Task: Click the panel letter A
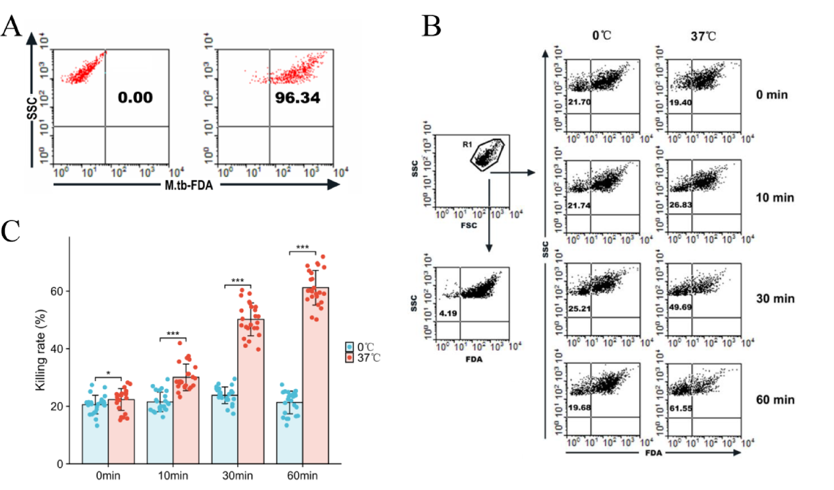pos(11,26)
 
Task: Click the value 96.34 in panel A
pos(297,98)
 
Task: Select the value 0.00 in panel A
pos(135,97)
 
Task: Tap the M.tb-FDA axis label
pos(189,185)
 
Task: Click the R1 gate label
pos(467,145)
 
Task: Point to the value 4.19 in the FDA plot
pos(448,313)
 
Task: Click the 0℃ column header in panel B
pos(601,36)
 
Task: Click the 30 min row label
pos(775,299)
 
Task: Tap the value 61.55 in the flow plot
pos(680,408)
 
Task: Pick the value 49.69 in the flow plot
pos(680,307)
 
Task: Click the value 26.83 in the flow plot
pos(680,205)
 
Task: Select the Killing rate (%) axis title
pos(41,350)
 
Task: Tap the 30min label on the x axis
pos(238,476)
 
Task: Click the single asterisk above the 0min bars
pos(108,374)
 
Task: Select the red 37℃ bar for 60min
pos(315,376)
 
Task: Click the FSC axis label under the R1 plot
pos(468,225)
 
